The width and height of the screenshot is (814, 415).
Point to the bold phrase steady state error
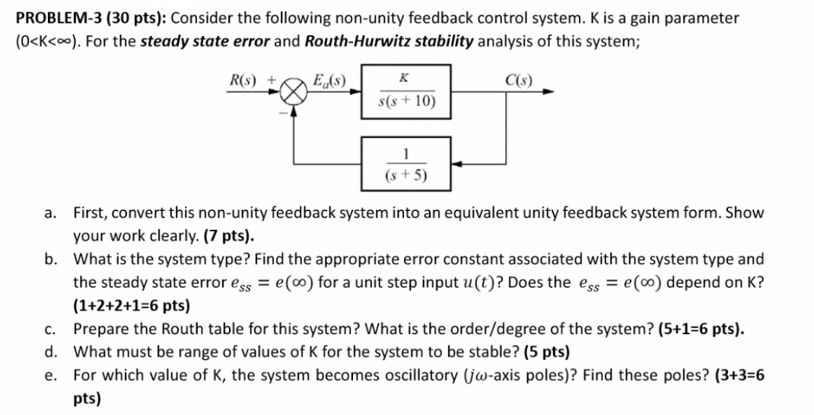pos(203,40)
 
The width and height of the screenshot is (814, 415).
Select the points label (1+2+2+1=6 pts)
pos(131,306)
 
